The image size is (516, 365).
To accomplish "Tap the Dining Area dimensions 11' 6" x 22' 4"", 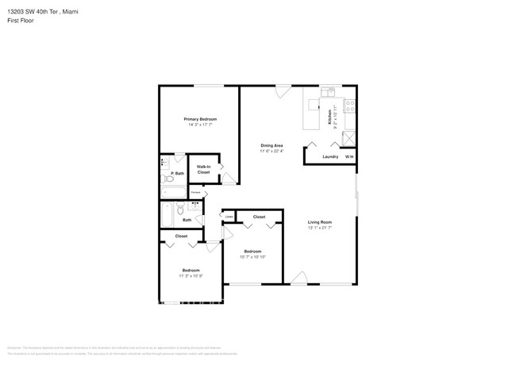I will pyautogui.click(x=271, y=151).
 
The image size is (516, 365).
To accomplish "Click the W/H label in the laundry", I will pyautogui.click(x=348, y=156).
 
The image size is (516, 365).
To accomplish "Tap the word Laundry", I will pyautogui.click(x=330, y=156).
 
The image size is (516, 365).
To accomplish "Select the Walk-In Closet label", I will pyautogui.click(x=203, y=170).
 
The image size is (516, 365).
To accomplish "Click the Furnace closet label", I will pyautogui.click(x=195, y=193).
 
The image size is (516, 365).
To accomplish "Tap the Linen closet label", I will pyautogui.click(x=229, y=216).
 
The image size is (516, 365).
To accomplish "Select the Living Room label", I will pyautogui.click(x=320, y=222).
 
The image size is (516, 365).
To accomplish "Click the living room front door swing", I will pyautogui.click(x=298, y=277).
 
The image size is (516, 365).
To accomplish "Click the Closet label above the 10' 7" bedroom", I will pyautogui.click(x=260, y=217).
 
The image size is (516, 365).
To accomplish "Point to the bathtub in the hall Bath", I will pyautogui.click(x=167, y=213).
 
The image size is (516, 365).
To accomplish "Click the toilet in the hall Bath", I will pyautogui.click(x=182, y=210).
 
